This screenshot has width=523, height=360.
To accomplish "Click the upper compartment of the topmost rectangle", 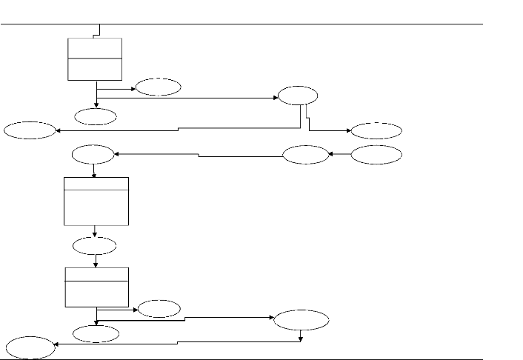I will tap(95, 47).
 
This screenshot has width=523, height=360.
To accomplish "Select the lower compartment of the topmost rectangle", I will tap(95, 68).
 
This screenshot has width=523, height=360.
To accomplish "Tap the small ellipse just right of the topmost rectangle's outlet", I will tap(158, 87).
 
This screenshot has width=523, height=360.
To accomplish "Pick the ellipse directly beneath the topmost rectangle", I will tap(96, 116).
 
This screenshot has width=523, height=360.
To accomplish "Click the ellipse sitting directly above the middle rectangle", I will tap(93, 155).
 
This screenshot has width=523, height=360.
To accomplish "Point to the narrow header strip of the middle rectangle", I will tap(96, 184).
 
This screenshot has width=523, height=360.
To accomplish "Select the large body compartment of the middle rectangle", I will tap(96, 207).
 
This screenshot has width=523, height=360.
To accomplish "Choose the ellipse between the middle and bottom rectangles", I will tap(95, 245).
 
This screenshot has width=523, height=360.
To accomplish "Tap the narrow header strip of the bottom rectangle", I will tap(96, 274).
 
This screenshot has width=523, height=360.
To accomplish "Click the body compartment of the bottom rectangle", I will tap(96, 293).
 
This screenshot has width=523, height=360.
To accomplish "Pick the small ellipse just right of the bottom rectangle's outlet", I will tap(159, 307).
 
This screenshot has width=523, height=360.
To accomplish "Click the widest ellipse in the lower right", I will tap(301, 321).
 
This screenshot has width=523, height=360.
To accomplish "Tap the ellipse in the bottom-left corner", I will tap(28, 346).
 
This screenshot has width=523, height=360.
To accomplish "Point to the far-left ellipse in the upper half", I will tap(30, 131).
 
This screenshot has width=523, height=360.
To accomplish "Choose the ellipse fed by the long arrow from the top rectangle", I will tap(298, 96).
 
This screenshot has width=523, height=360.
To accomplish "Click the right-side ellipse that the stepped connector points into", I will tap(376, 131).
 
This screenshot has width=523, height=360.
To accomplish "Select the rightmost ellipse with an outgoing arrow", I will tap(376, 155).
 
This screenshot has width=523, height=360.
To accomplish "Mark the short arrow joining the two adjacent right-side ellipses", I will tap(339, 155).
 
